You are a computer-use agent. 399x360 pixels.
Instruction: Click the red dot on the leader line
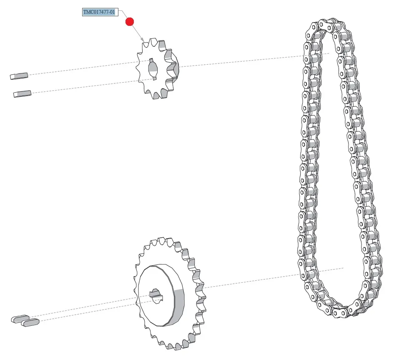[x=130, y=22]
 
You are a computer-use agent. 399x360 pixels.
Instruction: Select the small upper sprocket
[x=158, y=69]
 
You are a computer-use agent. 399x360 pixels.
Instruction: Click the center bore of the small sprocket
[x=153, y=69]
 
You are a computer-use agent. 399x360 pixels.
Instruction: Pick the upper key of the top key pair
[x=19, y=76]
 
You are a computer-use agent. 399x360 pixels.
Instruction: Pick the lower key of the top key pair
[x=23, y=94]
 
